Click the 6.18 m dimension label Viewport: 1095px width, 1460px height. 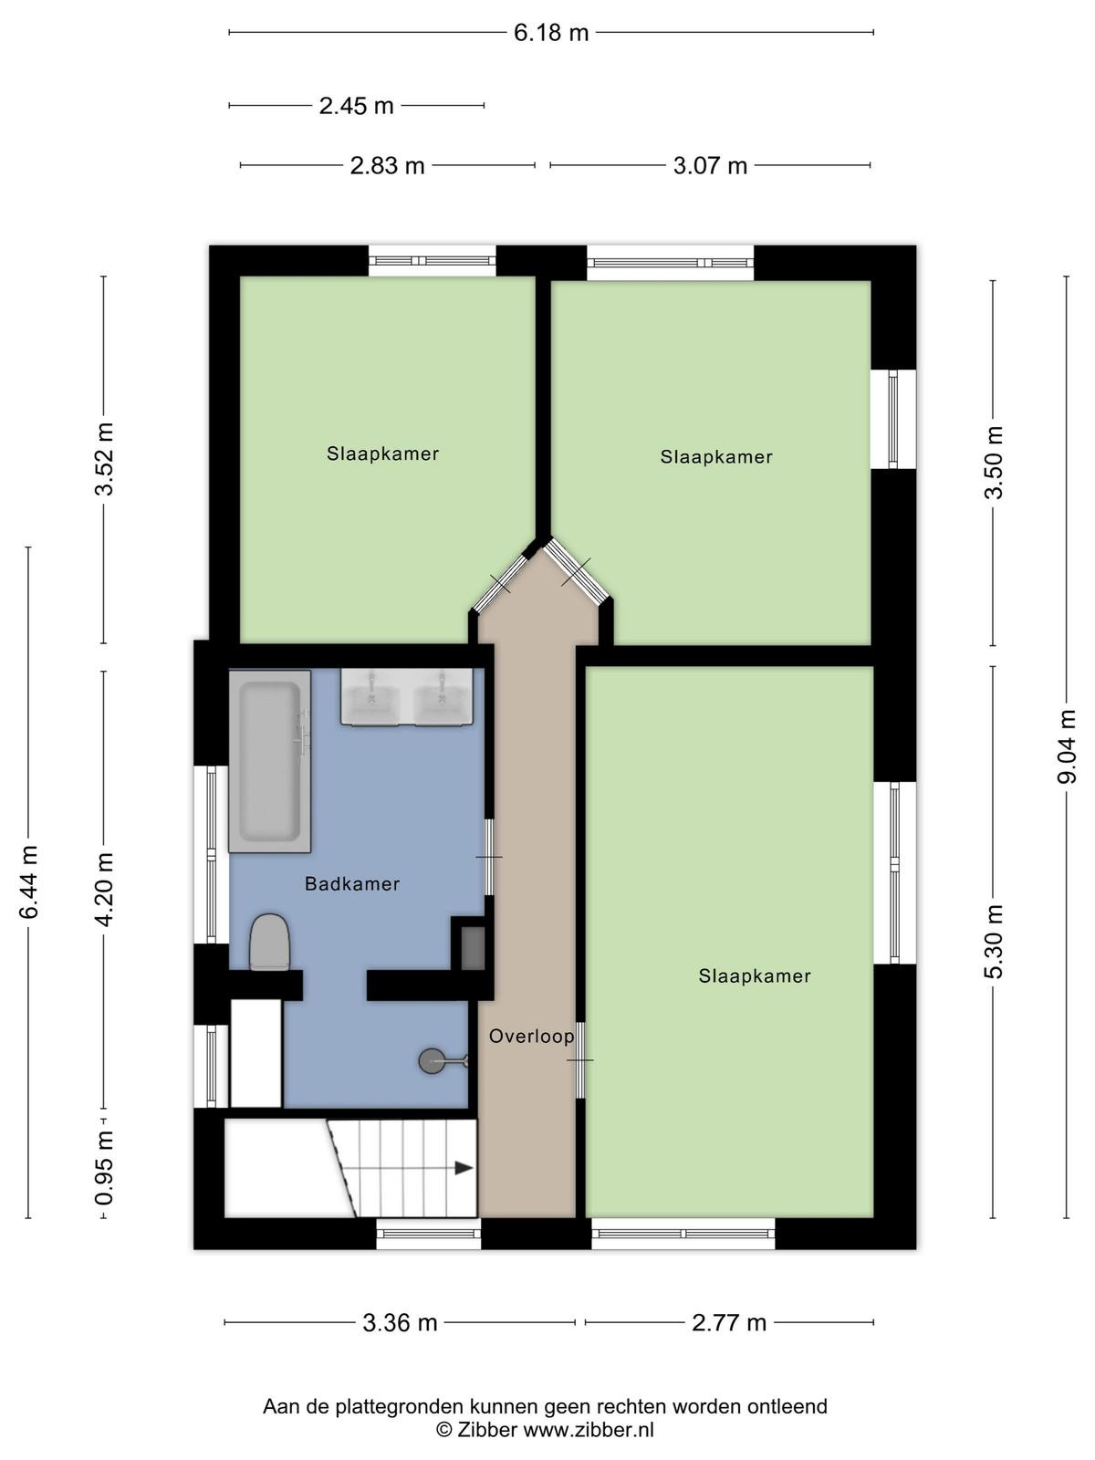[x=551, y=33]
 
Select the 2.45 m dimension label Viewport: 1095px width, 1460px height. [x=357, y=106]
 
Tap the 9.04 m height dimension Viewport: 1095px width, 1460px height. [x=1067, y=746]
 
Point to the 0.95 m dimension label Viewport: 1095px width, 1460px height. [x=104, y=1168]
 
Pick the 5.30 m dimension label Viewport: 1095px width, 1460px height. [x=994, y=941]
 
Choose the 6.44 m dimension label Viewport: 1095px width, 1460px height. [x=29, y=882]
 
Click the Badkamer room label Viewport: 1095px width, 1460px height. [x=352, y=884]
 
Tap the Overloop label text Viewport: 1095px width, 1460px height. [x=532, y=1037]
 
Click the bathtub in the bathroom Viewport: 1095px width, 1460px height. [x=270, y=761]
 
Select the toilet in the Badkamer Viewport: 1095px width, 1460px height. [x=270, y=942]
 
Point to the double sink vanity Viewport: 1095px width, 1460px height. [x=407, y=696]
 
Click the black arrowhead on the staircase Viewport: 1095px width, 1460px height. [x=464, y=1167]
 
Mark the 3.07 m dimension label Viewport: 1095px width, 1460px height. [x=710, y=166]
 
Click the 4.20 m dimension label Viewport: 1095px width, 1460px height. [x=104, y=889]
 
